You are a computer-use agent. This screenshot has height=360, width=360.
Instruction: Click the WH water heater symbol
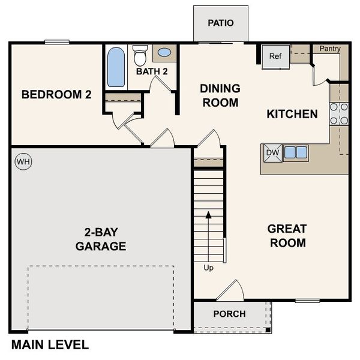tap(23, 161)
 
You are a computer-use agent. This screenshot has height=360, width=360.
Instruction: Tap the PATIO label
tap(220, 23)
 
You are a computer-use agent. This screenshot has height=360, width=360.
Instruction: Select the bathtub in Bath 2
tap(116, 67)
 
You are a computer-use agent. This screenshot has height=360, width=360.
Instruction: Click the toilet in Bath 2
tap(140, 56)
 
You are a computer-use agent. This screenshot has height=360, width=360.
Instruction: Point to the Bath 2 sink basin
tap(164, 53)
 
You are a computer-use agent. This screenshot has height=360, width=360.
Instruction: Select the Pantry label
tap(330, 48)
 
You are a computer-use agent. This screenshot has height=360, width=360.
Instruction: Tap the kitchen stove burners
tap(338, 113)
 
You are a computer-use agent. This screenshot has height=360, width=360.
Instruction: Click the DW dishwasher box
tap(272, 152)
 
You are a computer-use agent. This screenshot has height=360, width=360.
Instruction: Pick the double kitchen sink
tap(295, 152)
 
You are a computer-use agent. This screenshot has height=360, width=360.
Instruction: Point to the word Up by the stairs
tap(208, 267)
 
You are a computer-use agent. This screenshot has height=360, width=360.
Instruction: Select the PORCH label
tap(229, 314)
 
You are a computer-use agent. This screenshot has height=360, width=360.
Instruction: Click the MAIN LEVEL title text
tap(50, 345)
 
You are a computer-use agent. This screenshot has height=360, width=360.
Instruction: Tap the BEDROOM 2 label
tap(56, 94)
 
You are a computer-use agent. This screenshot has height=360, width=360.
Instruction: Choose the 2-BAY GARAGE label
tap(101, 239)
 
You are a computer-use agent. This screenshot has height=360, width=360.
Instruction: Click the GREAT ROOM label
tap(287, 236)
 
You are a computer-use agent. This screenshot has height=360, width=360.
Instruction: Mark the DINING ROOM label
tap(220, 95)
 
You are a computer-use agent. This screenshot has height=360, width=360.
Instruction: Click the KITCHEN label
tap(292, 114)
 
